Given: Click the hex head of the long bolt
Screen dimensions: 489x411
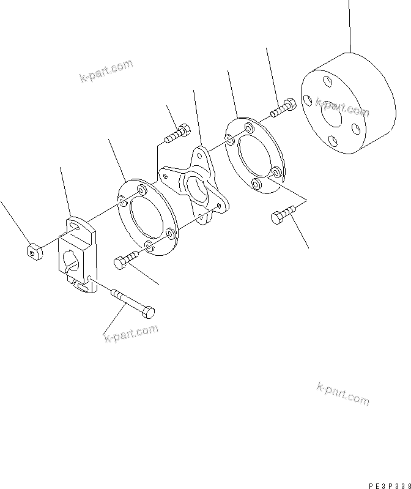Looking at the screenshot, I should click(x=147, y=312).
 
